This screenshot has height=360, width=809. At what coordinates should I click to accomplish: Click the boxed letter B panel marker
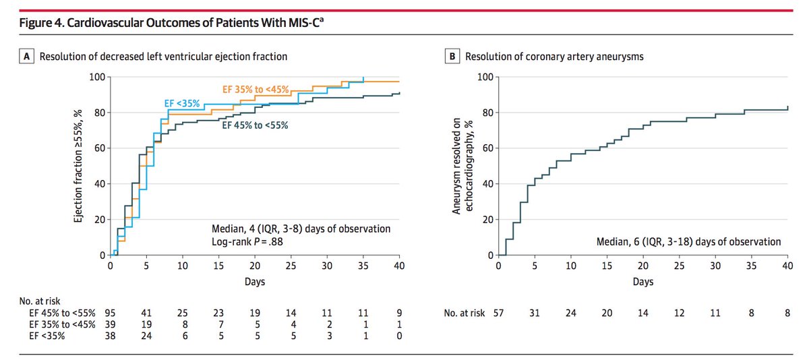click(454, 57)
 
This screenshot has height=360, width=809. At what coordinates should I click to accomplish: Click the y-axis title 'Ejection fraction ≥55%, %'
click(78, 167)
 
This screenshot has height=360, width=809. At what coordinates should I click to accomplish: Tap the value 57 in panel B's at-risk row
click(498, 313)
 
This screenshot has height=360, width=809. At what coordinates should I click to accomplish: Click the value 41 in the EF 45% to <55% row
click(146, 313)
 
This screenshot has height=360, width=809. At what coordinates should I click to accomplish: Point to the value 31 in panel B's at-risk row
click(534, 313)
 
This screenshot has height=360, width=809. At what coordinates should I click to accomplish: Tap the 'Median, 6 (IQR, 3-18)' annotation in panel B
click(688, 241)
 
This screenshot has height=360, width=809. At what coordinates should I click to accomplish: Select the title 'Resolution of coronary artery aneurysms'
click(554, 57)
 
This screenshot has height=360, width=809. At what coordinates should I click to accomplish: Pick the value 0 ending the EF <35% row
click(399, 336)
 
